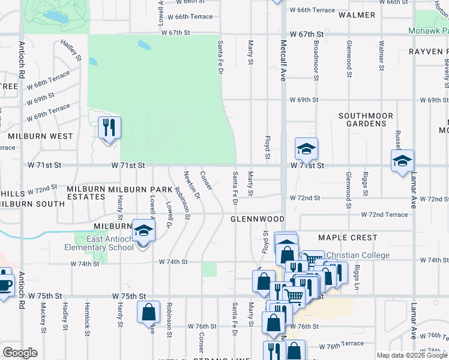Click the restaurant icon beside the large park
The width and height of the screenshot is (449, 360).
tap(109, 128)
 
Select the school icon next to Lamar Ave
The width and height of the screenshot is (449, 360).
tap(402, 161)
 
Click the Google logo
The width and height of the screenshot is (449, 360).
tap(20, 353)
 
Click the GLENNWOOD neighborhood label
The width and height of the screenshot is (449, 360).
tap(257, 220)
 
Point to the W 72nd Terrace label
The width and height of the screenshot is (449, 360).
tap(384, 214)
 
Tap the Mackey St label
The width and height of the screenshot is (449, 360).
tap(43, 317)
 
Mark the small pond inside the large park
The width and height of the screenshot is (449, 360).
tap(144, 45)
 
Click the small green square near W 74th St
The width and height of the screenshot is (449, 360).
tap(209, 269)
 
